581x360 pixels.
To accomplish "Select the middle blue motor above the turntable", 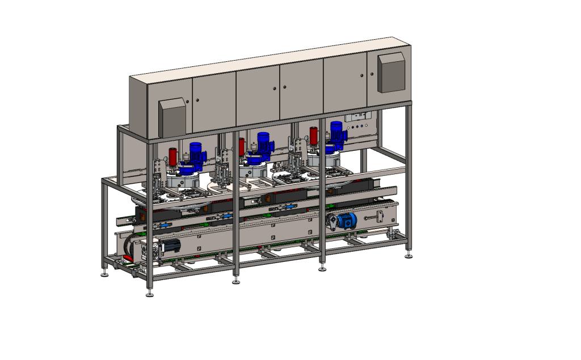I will pyautogui.click(x=262, y=142).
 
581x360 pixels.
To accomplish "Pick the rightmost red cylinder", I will pyautogui.click(x=314, y=135).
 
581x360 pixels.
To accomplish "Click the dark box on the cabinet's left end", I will pyautogui.click(x=172, y=117).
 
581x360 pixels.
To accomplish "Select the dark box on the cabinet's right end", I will pyautogui.click(x=391, y=72).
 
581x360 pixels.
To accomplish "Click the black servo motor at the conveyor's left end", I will pyautogui.click(x=170, y=245).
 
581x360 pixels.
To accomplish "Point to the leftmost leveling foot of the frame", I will pyautogui.click(x=105, y=275).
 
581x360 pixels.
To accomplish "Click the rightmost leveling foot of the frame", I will pyautogui.click(x=409, y=256).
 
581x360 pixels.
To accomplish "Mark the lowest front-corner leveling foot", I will pyautogui.click(x=149, y=294).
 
